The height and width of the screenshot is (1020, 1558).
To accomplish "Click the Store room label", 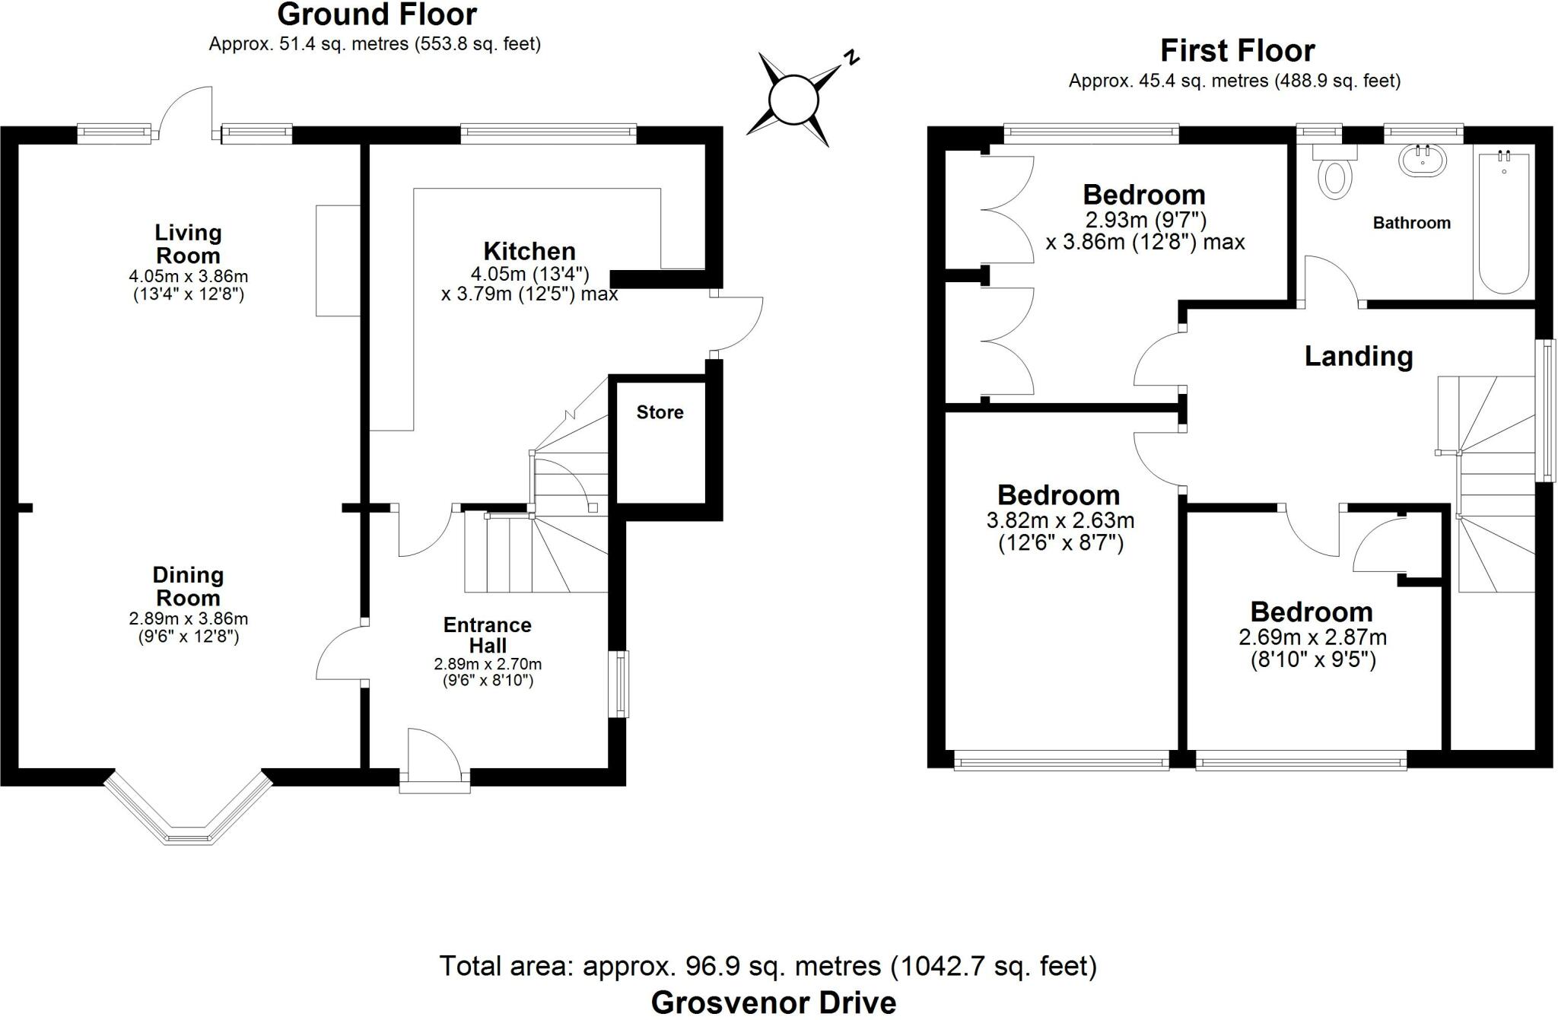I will coord(660,412).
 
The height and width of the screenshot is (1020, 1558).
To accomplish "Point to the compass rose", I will coord(793,100).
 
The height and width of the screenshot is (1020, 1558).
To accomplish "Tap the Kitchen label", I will coord(529,251).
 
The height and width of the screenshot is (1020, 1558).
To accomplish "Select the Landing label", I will coord(1359,356).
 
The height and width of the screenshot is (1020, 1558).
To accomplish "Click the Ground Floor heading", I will coord(377,14).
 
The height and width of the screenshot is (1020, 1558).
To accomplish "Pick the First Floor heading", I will coord(1237,51).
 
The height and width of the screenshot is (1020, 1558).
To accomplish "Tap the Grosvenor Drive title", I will coord(773,1003).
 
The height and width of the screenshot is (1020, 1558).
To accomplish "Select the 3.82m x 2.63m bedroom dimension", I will coord(1060,521).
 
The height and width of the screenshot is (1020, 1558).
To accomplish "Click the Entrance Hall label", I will coord(487,635).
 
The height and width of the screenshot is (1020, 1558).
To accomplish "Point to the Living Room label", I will coord(188,243).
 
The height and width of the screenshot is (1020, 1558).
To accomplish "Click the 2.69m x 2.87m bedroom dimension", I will coord(1312,637).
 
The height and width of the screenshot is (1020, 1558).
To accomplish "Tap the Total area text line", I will coord(768,966).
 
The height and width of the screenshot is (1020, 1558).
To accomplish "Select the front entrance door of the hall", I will coord(434,757).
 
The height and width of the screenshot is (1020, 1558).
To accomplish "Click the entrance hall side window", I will coord(622,683).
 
